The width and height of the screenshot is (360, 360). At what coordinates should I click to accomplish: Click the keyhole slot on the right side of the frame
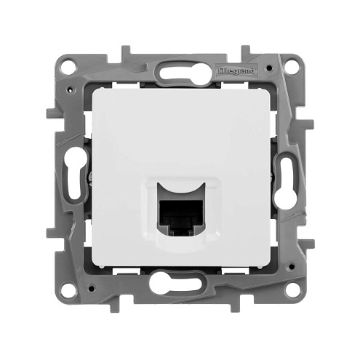(286, 179)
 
